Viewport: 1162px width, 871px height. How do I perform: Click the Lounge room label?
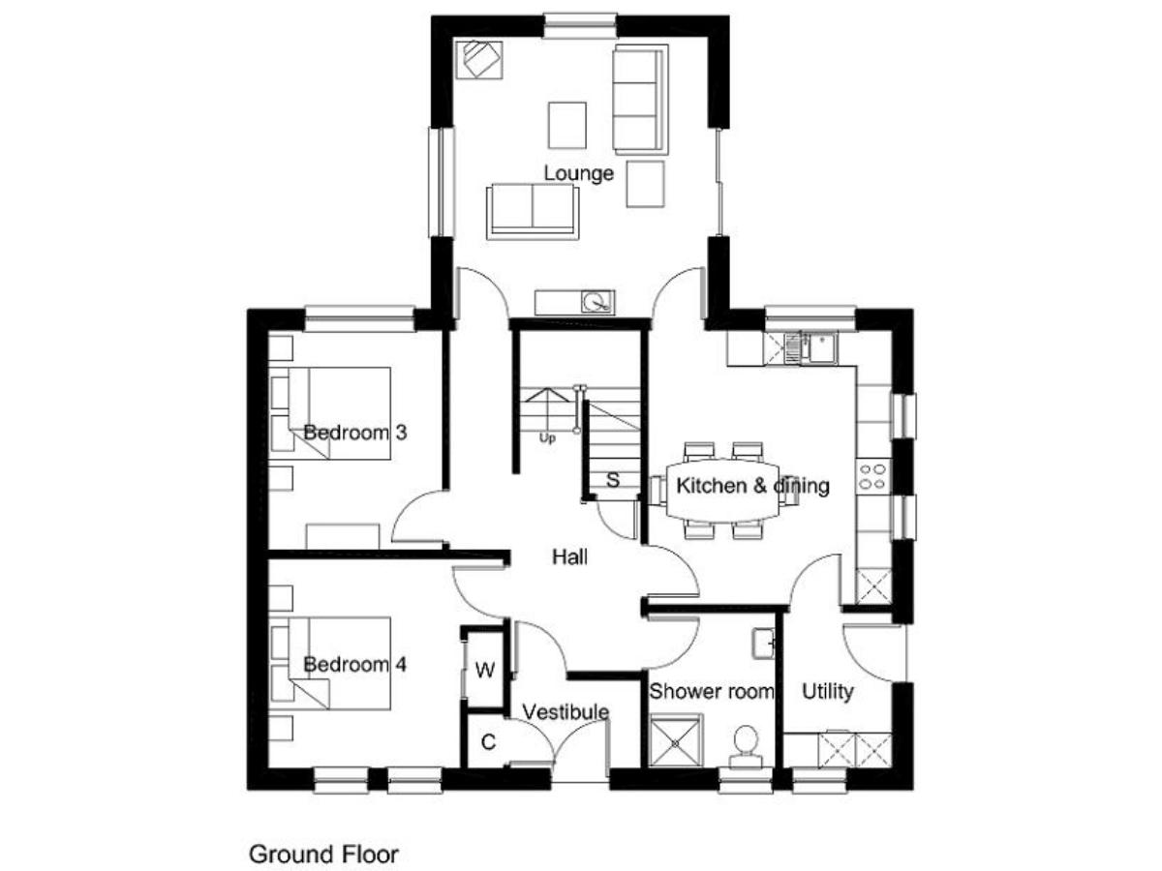578,173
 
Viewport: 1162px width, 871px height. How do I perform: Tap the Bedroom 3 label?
354,432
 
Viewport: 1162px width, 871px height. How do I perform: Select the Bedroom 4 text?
354,664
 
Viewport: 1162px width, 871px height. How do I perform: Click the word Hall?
569,556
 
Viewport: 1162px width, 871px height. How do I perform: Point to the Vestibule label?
565,712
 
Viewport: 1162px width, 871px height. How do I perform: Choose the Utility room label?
827,691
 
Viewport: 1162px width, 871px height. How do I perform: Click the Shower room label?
711,691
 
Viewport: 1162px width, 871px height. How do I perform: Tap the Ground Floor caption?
322,854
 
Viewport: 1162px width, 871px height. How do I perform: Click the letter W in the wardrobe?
484,670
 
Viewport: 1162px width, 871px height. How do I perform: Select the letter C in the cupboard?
488,742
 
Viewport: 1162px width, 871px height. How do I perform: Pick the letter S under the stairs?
613,480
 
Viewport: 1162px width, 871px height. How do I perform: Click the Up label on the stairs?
547,438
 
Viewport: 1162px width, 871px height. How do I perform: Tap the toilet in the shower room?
746,746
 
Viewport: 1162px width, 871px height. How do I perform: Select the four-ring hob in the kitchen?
872,476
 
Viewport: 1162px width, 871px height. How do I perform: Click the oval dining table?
722,490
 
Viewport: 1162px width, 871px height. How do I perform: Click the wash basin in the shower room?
763,644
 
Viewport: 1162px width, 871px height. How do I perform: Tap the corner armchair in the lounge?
479,60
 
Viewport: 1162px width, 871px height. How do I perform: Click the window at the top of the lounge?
580,26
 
